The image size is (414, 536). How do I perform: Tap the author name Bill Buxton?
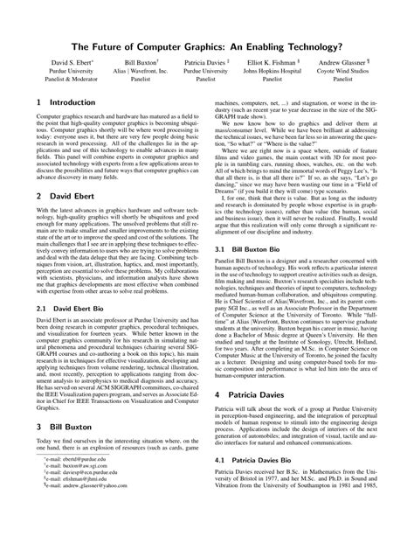click(x=140, y=87)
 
